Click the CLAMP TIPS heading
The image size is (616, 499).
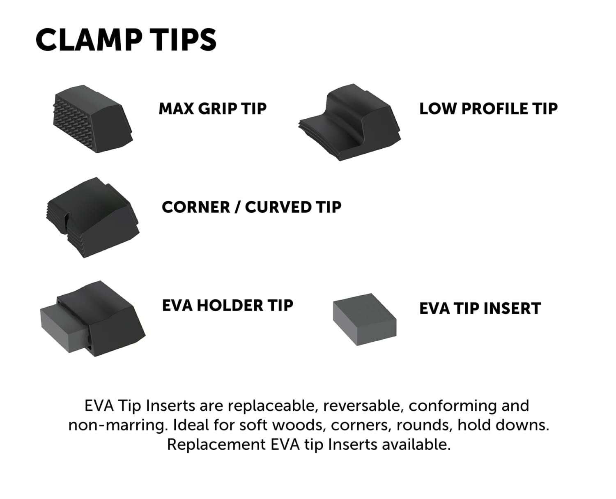(x=126, y=40)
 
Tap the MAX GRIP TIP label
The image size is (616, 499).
(x=212, y=109)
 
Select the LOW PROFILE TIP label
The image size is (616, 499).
(x=488, y=109)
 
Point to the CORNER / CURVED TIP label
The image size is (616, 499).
(x=251, y=207)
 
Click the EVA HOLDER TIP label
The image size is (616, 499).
(x=228, y=306)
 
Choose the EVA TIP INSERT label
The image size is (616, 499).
(x=480, y=309)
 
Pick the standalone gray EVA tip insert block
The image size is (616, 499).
(x=364, y=320)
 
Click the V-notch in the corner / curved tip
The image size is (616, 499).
(x=66, y=224)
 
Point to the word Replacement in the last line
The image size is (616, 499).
(x=216, y=444)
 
